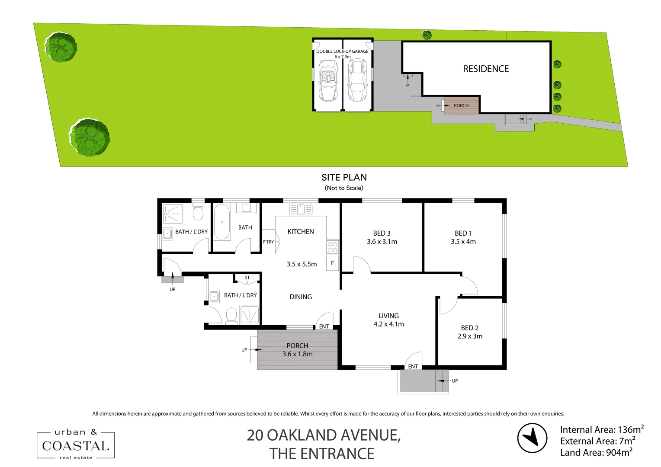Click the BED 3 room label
coord(382,233)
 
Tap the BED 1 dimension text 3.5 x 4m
coord(463,242)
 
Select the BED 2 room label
coord(469,328)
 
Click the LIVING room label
coord(388,316)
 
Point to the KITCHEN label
coord(301,232)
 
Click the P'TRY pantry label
coord(268,242)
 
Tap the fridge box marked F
coord(332,263)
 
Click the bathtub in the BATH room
coord(222,221)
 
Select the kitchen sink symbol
coord(301,210)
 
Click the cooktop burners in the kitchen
coord(332,247)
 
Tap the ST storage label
coord(247,278)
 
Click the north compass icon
coord(533,438)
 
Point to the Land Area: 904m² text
coord(596,452)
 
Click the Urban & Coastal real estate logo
coord(76,445)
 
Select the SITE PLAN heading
coord(344,177)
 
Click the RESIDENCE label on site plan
coord(486,69)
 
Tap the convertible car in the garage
coord(328,80)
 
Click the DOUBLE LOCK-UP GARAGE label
coord(342,51)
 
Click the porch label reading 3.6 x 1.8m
coord(297,354)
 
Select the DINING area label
coord(301,297)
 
